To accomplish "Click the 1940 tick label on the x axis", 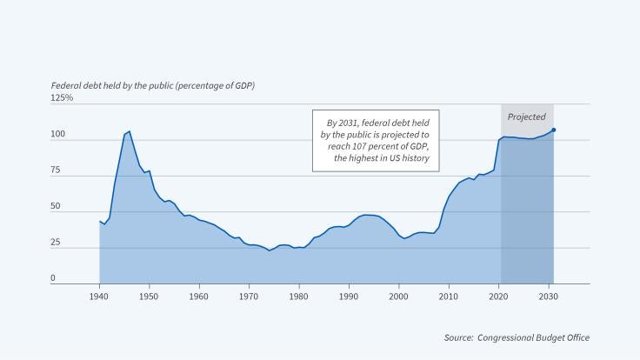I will coord(100,297).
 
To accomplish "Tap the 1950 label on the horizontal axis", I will coord(150,297).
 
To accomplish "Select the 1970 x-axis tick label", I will coord(250,297).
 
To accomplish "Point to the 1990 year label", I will coord(350,297).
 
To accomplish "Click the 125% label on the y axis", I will coord(62,98).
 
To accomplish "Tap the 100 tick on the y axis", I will coord(57,135).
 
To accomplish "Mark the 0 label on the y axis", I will coord(52,278).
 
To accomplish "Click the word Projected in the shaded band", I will coord(526,117).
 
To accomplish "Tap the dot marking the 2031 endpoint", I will coord(553,130).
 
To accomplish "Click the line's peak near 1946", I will coord(130,132).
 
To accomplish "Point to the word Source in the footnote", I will coord(457,337).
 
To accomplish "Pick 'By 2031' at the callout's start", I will coord(343,123).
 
